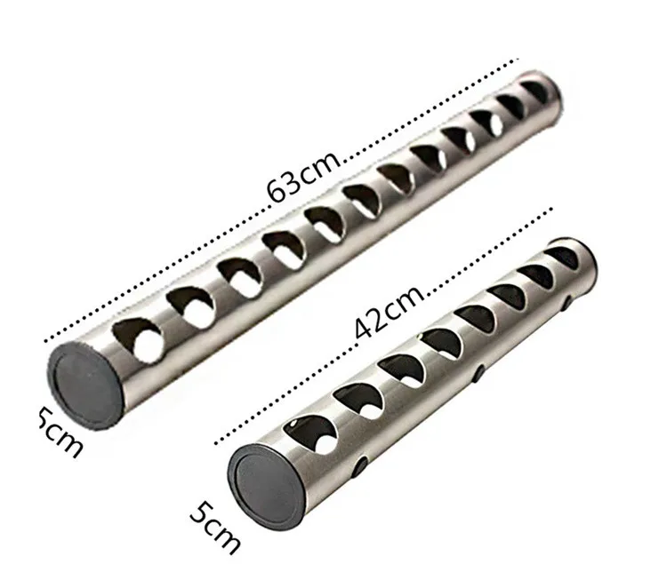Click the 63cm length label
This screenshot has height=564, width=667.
coord(304,174)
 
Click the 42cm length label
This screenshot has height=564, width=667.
coord(390,311)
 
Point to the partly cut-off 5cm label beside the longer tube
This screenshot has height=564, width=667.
coord(60,432)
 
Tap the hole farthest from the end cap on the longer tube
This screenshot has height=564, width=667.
coord(536,91)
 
